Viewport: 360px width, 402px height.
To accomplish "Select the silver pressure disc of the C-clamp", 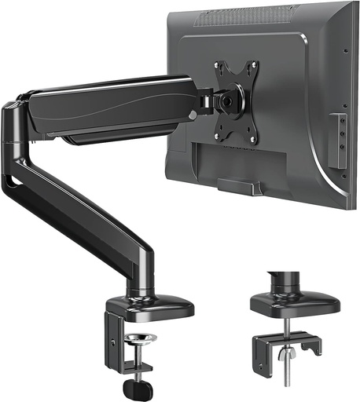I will click(x=140, y=340).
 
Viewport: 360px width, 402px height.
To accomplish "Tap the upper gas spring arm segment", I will click(x=110, y=106).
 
